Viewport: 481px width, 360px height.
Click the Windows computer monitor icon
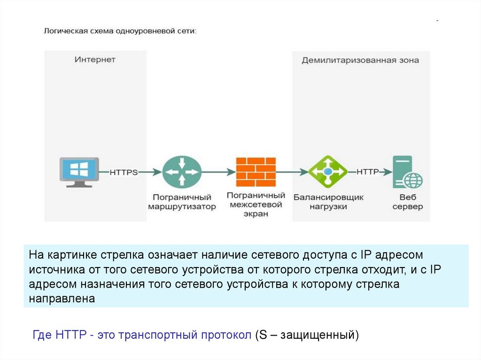(79, 172)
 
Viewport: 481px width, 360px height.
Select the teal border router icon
(182, 172)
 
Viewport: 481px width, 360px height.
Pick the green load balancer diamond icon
(327, 172)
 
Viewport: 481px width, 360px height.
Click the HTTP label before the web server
(367, 172)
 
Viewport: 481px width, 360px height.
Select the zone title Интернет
(95, 60)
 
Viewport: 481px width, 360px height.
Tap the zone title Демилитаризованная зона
(360, 60)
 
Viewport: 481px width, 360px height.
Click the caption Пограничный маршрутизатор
(182, 202)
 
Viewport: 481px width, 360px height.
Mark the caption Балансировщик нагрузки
(328, 202)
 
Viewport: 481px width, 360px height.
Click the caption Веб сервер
(408, 202)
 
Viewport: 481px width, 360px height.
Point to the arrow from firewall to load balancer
(291, 172)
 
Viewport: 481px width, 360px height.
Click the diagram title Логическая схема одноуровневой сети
(120, 31)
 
